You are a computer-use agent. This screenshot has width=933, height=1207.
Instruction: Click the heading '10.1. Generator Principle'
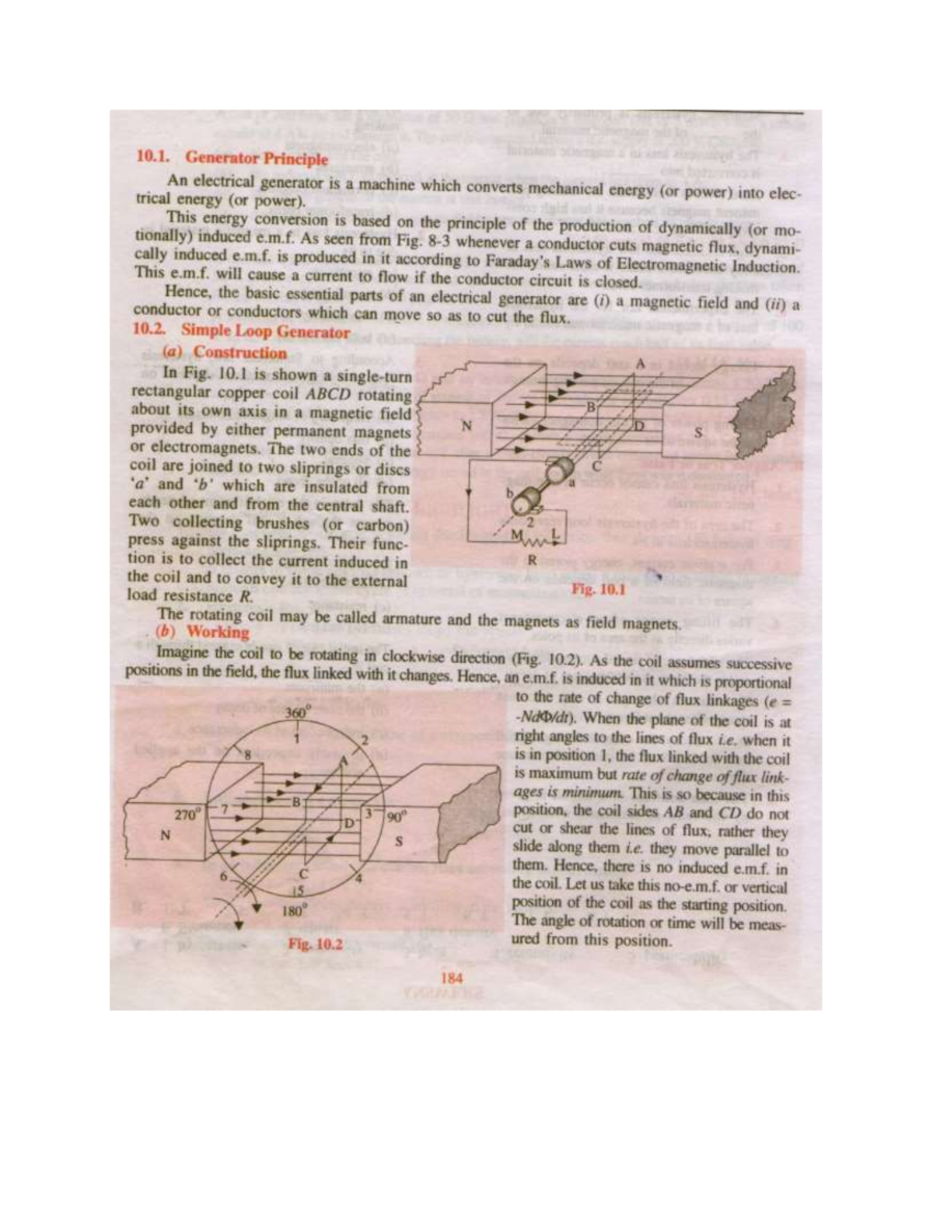232,158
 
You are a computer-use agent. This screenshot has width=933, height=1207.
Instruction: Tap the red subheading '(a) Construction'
225,351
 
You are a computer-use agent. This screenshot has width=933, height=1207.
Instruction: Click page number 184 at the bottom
452,978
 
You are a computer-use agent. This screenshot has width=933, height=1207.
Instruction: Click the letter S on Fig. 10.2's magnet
399,840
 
